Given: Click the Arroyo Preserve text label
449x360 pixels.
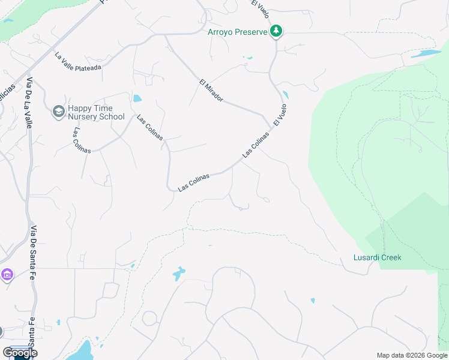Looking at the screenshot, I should (238, 32).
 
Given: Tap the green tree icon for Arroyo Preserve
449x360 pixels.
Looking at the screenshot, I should (276, 31).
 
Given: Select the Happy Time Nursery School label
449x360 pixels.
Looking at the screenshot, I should (96, 113).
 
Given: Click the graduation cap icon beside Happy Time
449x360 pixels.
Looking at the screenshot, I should (58, 112).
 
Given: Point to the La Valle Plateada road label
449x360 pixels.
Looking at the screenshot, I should (78, 61).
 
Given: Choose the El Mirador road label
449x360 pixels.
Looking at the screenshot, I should (211, 89).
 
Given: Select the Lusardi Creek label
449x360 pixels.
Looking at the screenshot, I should (377, 257).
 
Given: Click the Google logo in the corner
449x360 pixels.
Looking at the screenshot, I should (20, 353).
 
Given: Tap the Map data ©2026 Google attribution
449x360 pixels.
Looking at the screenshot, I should (412, 355).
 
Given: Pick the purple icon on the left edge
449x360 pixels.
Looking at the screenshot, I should (7, 275).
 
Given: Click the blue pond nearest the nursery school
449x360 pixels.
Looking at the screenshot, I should (137, 98).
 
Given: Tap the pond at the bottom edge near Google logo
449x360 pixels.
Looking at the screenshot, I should (83, 352).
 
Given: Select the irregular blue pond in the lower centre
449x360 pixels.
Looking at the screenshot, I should (179, 274).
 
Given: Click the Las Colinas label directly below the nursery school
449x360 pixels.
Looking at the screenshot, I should (82, 140).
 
